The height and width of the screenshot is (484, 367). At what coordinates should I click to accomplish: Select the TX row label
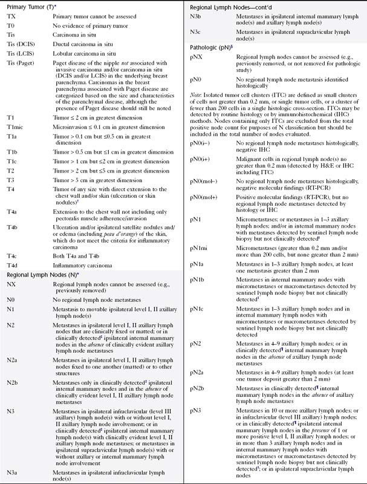10,18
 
